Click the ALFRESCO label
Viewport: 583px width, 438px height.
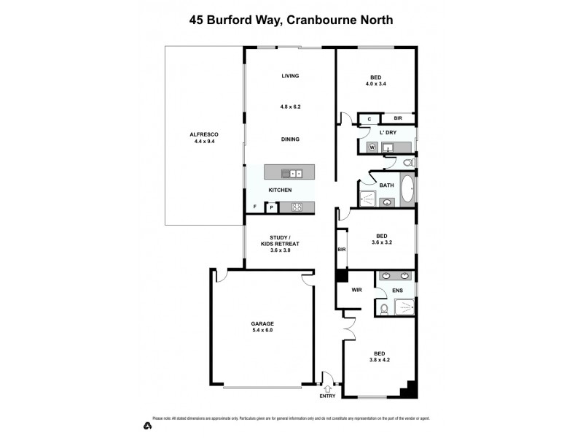coord(204,134)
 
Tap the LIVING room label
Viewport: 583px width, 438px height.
coord(291,76)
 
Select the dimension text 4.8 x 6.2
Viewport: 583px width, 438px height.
coord(291,107)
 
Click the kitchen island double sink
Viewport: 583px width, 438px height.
coord(295,174)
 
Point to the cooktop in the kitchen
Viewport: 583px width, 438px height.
coord(297,207)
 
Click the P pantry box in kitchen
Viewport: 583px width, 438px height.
coord(271,207)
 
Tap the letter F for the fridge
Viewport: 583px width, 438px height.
coord(254,207)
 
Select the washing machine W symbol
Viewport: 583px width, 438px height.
coord(372,147)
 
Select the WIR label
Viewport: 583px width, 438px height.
coord(357,290)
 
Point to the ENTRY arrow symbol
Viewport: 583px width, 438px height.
coord(327,388)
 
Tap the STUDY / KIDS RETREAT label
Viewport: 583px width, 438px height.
coord(280,243)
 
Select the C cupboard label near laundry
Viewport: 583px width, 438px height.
coord(369,118)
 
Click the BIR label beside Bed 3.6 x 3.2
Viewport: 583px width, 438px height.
coord(341,250)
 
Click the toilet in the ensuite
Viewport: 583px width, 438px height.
coord(384,310)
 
